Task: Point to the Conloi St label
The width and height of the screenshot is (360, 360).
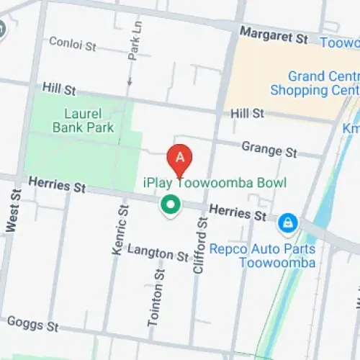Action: point(72,44)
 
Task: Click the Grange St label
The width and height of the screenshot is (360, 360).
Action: point(269,150)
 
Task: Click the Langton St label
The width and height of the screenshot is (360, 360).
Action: point(158,252)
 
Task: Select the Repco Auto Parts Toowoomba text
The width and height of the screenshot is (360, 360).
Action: point(262,256)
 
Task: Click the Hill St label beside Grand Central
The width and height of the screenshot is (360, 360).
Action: point(247,114)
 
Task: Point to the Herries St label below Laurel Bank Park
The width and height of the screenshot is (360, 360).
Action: point(57,185)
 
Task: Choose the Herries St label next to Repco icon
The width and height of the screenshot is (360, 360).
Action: point(238,213)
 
